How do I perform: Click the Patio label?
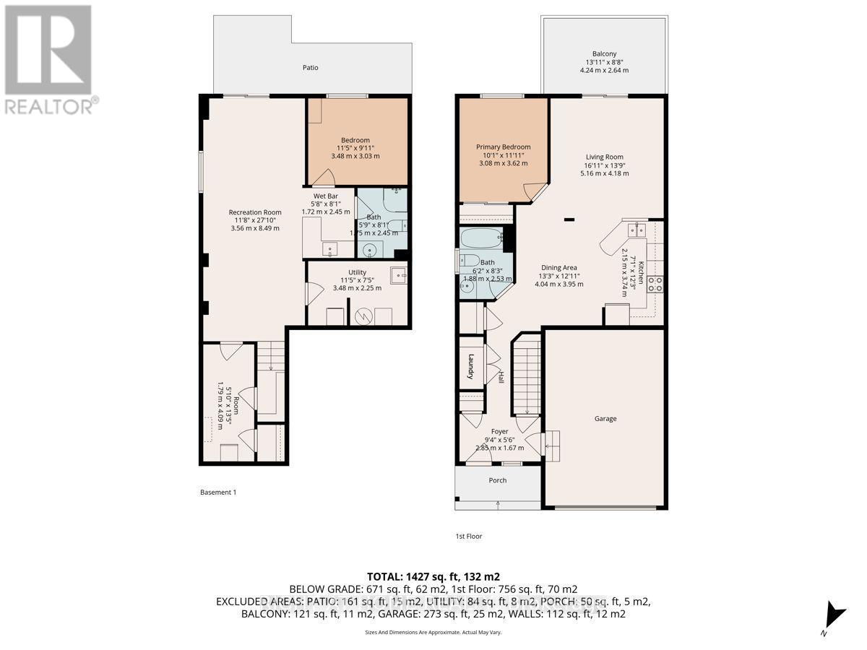(x=310, y=67)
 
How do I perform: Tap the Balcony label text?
(x=604, y=53)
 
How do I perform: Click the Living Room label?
(x=604, y=157)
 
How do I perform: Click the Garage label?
(x=605, y=418)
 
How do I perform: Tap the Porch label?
(x=498, y=480)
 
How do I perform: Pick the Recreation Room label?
(x=255, y=212)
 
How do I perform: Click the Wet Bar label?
(x=326, y=196)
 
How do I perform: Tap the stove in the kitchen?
(x=655, y=285)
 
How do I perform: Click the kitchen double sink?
(x=637, y=230)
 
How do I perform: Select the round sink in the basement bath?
(x=370, y=251)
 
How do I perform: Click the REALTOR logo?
(x=47, y=58)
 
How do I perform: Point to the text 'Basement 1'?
(x=218, y=493)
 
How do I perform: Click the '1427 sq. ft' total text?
(x=439, y=576)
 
